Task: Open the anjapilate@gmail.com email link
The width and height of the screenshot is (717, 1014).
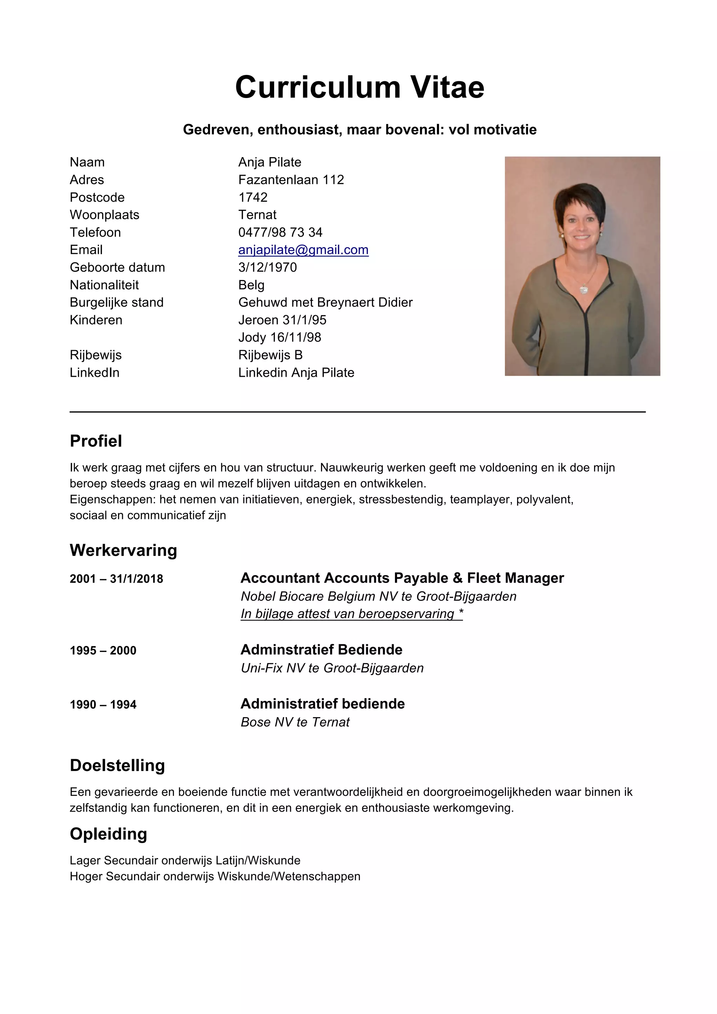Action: (x=303, y=250)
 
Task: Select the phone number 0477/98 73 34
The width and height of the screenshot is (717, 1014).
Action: (x=280, y=232)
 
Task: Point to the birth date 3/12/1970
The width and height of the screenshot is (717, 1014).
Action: (x=267, y=267)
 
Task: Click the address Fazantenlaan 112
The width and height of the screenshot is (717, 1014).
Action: (x=291, y=180)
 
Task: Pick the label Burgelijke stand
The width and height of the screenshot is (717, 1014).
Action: (x=117, y=303)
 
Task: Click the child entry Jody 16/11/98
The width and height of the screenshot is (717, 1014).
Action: (x=279, y=338)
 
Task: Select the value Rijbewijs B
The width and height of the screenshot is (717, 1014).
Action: (x=270, y=355)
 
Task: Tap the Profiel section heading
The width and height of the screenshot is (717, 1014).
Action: (x=96, y=441)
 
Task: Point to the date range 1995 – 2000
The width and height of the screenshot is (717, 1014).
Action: (x=103, y=651)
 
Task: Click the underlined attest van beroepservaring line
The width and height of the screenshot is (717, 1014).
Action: (x=351, y=614)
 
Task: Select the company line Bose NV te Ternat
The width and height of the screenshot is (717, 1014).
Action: (x=295, y=722)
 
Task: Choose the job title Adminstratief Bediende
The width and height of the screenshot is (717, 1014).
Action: (x=321, y=650)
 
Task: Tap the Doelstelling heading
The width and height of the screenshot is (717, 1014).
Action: (x=117, y=765)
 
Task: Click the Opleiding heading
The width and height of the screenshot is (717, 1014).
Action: (x=108, y=834)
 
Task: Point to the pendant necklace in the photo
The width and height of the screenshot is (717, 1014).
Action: (x=584, y=289)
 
